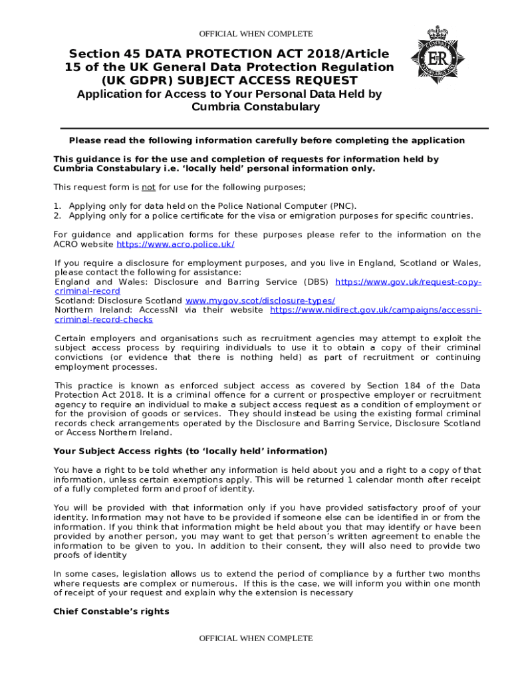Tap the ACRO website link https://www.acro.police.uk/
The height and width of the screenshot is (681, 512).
click(176, 244)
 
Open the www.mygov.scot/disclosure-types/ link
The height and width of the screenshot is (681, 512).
click(260, 301)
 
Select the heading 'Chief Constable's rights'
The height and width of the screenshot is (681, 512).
click(111, 611)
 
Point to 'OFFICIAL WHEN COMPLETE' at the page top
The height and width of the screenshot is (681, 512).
click(256, 34)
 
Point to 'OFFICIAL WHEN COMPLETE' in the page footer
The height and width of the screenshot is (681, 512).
click(256, 638)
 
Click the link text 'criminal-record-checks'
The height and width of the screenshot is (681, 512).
click(104, 319)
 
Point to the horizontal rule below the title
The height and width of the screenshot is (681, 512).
click(274, 128)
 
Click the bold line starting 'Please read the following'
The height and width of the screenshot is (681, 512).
click(267, 140)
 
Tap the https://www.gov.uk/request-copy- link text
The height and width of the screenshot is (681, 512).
click(409, 282)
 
